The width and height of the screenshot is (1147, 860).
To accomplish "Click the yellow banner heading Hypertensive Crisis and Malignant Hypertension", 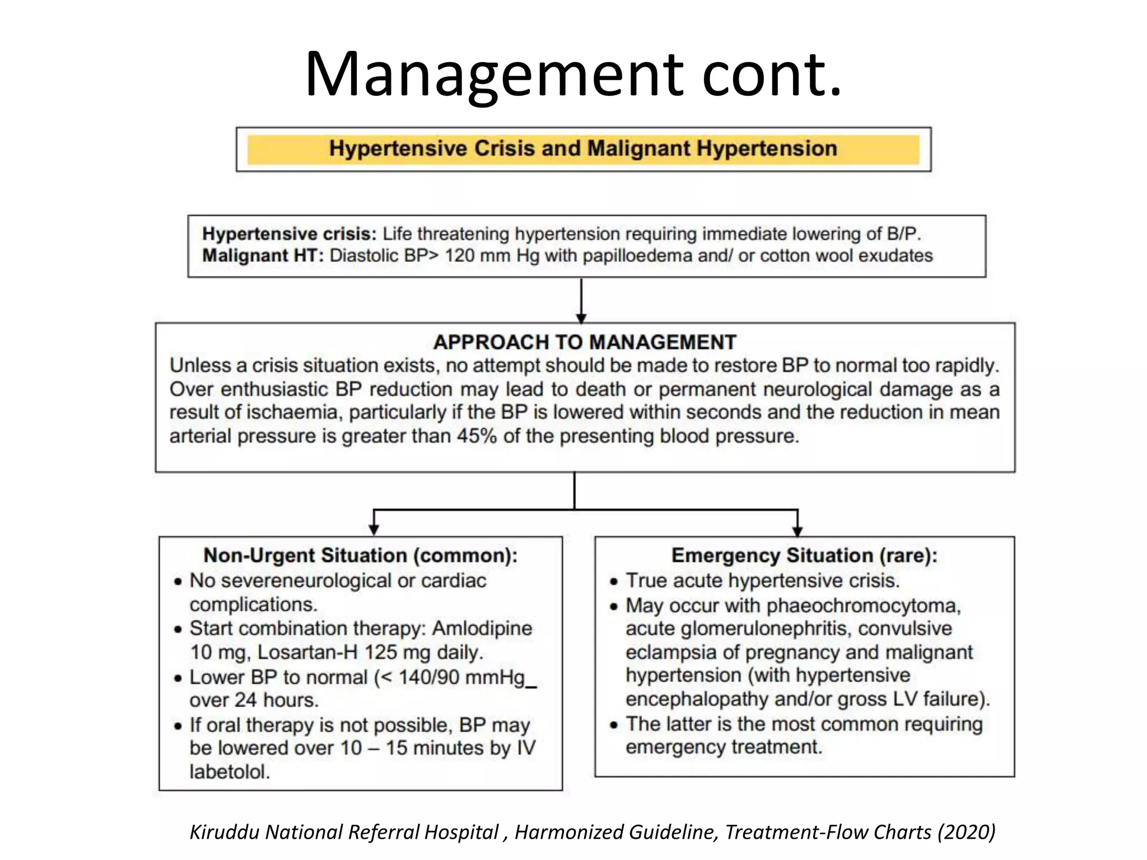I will coord(583,149).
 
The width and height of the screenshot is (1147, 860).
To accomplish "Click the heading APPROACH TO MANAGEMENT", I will coord(585,342).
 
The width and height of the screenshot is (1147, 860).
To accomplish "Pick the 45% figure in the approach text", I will coord(476,436).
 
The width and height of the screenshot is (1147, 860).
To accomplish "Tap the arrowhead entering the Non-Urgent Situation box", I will coord(374,530).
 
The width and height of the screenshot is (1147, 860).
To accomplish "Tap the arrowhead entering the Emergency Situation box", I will coord(798,530).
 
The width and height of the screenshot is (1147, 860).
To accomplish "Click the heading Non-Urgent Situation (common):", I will coord(361,555).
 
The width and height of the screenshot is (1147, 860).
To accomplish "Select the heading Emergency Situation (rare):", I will coord(804,555).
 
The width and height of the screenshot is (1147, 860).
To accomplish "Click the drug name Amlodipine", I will coord(482,628).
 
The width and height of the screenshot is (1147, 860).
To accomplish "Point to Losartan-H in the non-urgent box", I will coord(307,652).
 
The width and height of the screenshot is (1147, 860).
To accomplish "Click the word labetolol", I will coord(230,772).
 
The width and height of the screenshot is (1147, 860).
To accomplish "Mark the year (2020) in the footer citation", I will coord(966,832).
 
